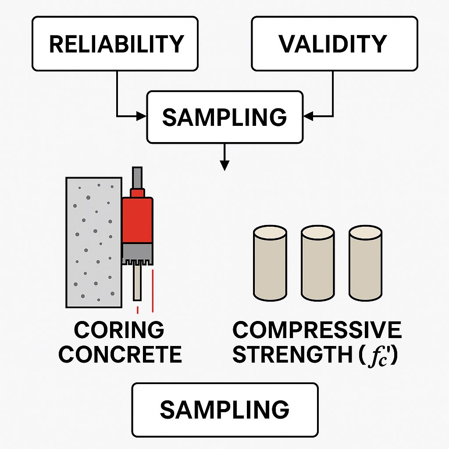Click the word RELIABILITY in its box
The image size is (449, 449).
coord(116,44)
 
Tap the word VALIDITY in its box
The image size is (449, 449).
coord(333,44)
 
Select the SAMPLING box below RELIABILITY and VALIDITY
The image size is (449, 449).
coord(225,117)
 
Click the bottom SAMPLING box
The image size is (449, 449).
coord(225,410)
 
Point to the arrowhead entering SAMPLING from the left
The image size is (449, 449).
coord(142,116)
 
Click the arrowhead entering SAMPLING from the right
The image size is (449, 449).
coord(308,116)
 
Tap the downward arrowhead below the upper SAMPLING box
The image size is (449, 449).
coord(224,165)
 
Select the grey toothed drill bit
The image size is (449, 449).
coord(137,254)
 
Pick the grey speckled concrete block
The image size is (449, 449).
coord(94,242)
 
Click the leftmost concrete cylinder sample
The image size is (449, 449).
coord(270,263)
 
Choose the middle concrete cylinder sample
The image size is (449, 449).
coord(318,263)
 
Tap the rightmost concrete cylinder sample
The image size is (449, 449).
coord(365,263)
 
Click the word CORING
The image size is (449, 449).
coord(119,330)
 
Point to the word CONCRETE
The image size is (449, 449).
coord(120,354)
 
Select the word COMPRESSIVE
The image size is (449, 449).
coord(317,330)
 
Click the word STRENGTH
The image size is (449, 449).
coord(292,354)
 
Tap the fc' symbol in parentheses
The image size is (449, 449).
coord(378,356)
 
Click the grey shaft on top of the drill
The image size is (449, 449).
coord(137,178)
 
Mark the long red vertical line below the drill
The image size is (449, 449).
coord(153,291)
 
